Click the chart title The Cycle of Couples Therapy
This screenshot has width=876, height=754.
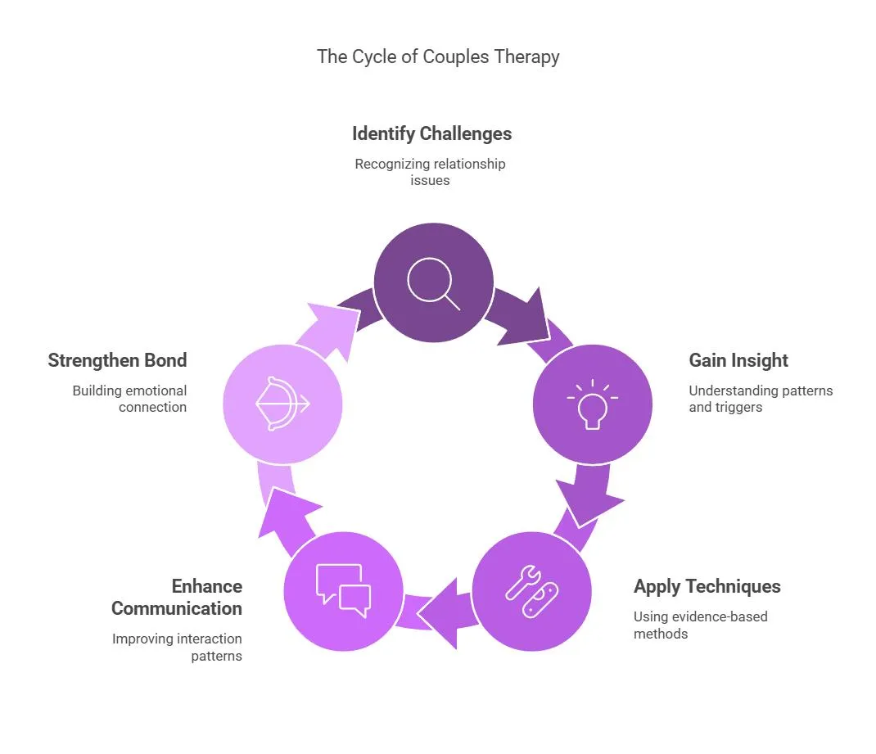click(x=438, y=57)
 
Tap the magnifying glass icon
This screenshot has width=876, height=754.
click(x=434, y=284)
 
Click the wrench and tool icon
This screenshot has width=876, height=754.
click(x=531, y=591)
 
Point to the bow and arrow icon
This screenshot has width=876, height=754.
click(x=282, y=404)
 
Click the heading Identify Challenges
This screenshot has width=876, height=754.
click(x=431, y=134)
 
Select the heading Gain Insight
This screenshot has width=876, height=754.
click(x=738, y=360)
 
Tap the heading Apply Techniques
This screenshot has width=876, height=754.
click(x=707, y=586)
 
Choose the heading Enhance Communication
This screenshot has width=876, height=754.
click(x=177, y=597)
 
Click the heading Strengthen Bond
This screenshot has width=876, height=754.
click(x=117, y=360)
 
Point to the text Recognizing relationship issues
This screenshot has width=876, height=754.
click(x=430, y=172)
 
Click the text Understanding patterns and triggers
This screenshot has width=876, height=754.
click(x=761, y=399)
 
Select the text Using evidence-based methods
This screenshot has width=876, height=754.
click(x=701, y=625)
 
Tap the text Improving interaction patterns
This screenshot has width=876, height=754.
click(x=177, y=647)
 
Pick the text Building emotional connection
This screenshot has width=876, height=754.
click(x=129, y=399)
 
